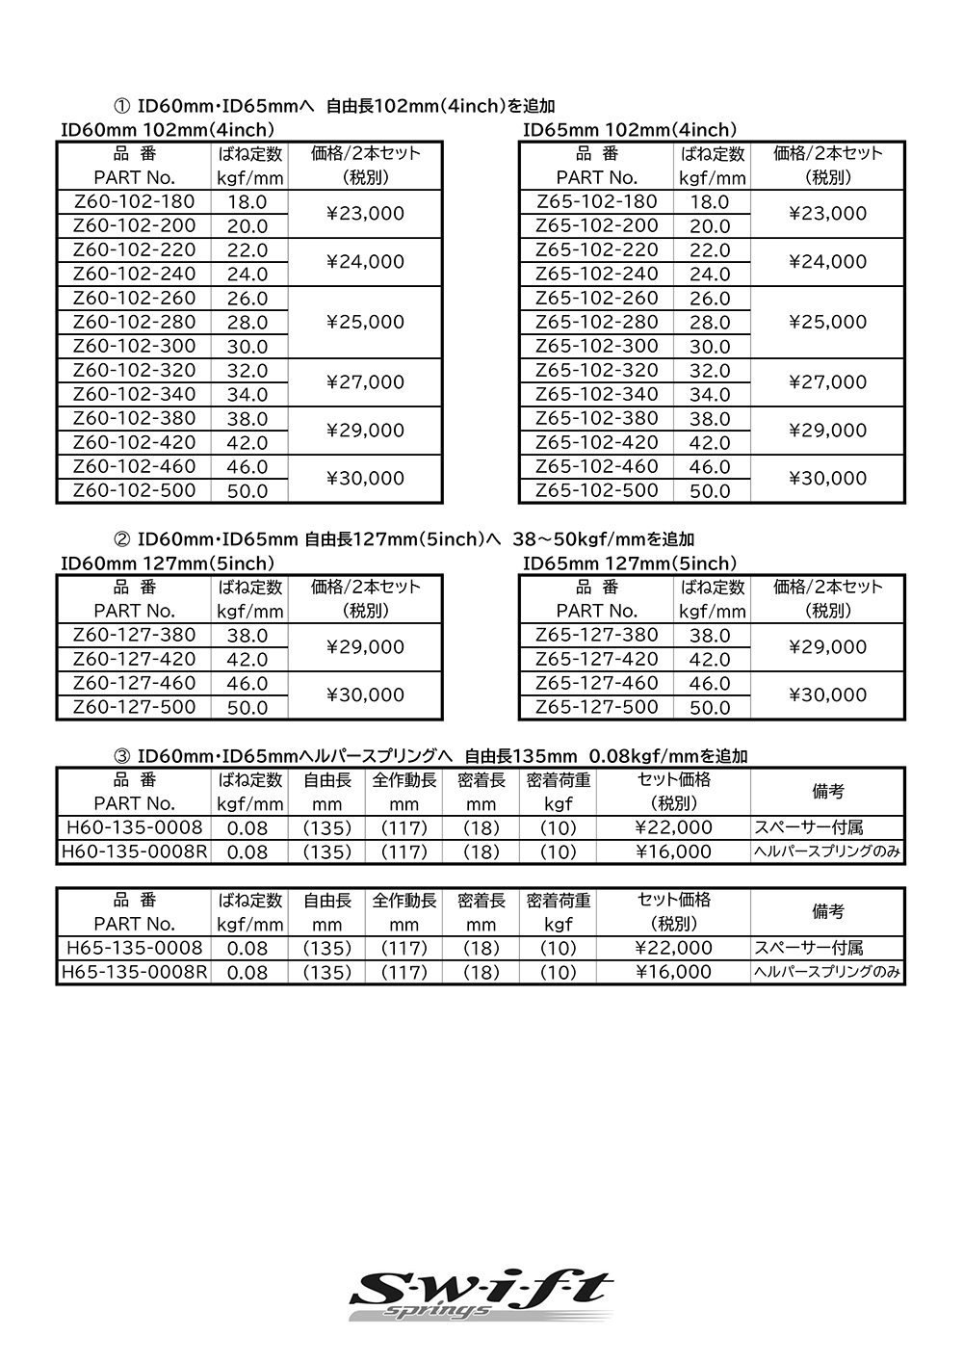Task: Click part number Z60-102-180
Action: point(134,201)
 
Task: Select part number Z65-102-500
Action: point(596,490)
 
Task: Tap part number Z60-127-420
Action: point(134,659)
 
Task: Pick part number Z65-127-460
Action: point(596,683)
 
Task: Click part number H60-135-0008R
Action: point(134,851)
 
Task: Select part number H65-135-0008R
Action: point(134,972)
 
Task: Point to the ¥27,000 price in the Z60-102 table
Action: point(365,382)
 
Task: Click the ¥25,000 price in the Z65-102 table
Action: point(827,322)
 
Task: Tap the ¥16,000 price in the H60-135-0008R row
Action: point(673,851)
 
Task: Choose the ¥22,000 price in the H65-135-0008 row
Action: point(673,948)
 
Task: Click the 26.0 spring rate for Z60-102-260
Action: point(247,299)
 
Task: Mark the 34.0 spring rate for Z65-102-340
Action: point(710,395)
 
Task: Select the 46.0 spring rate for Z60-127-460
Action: point(247,684)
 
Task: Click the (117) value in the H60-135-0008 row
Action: point(403,828)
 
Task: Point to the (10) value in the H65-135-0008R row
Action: point(558,973)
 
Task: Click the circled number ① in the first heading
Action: point(122,106)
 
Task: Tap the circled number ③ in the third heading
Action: point(122,757)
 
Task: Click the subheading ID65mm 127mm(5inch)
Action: point(630,563)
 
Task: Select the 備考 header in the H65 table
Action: point(827,911)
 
